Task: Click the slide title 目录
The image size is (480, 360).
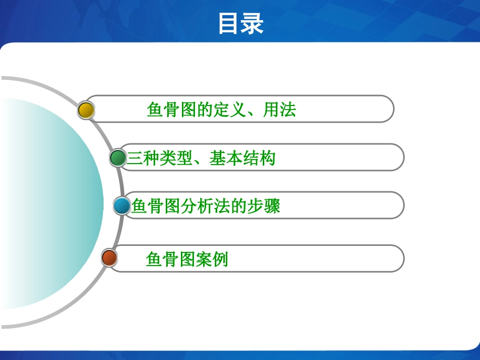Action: click(241, 24)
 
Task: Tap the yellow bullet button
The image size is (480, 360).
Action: click(86, 110)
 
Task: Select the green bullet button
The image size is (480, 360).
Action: click(118, 158)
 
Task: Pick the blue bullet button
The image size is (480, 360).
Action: click(122, 205)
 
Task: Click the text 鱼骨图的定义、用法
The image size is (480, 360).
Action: click(221, 110)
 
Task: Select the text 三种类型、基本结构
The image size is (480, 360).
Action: click(201, 159)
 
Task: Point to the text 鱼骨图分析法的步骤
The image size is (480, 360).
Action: click(206, 206)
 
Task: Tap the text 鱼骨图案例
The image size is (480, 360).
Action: click(187, 259)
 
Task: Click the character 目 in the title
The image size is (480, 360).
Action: click(229, 24)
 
